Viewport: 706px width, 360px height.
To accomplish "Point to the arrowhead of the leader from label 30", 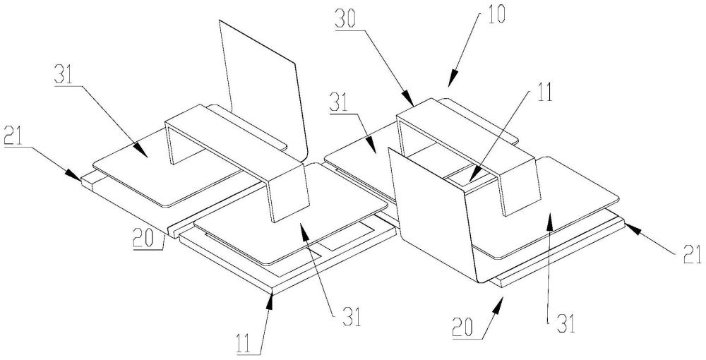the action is (x=408, y=100).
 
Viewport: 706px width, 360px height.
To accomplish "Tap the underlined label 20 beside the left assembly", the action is (x=143, y=239).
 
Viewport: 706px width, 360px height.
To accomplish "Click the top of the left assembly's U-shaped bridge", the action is (x=234, y=137).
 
